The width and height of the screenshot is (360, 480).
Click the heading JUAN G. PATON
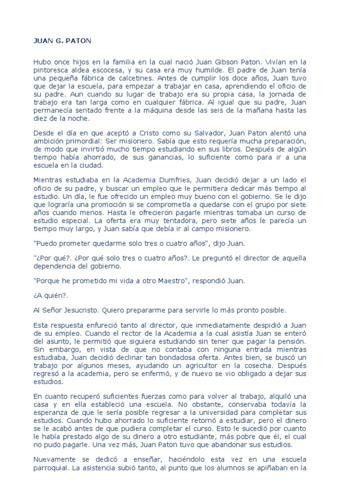pos(62,41)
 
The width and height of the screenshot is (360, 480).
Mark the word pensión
pos(305,343)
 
